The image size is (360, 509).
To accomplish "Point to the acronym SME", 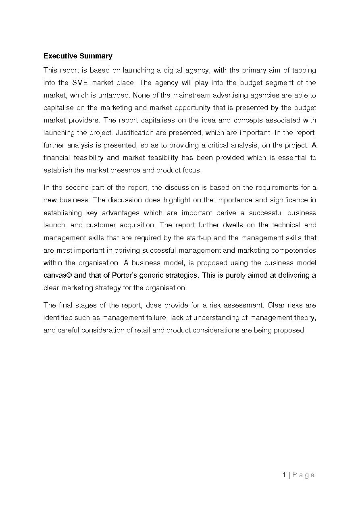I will [x=81, y=83].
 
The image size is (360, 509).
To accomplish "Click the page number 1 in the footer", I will [x=284, y=475].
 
